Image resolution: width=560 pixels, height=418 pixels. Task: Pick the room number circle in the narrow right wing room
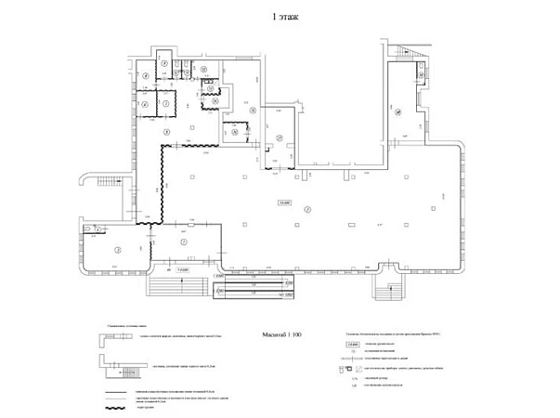click(397, 112)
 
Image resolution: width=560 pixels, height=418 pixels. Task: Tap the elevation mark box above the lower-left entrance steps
click(183, 270)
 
